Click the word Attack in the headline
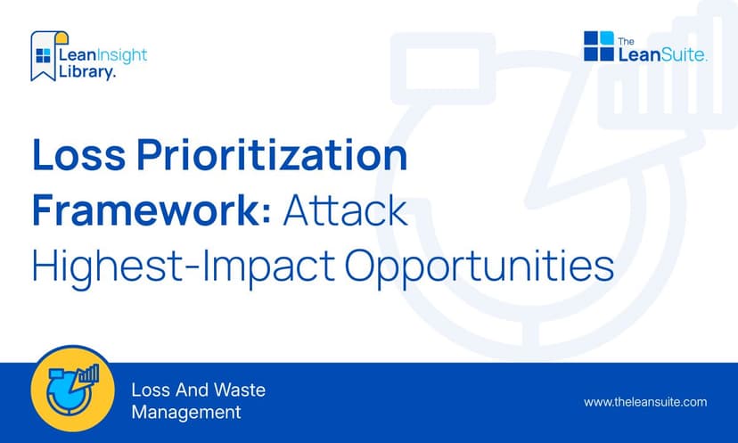(x=346, y=212)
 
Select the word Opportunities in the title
(x=472, y=267)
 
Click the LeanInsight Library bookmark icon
(x=43, y=55)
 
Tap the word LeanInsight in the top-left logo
(x=102, y=55)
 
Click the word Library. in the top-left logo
(x=86, y=73)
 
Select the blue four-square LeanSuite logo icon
(x=599, y=46)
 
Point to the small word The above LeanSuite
(x=627, y=39)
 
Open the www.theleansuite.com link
(x=645, y=402)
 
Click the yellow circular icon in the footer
(x=72, y=393)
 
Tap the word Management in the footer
(x=186, y=413)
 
